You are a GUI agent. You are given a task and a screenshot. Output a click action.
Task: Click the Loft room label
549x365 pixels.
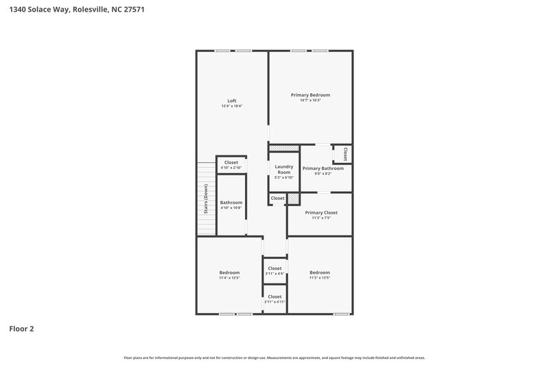click(232, 101)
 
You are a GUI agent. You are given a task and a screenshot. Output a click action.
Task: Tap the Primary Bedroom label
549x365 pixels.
click(310, 95)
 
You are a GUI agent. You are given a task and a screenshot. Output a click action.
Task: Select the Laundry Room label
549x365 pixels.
click(284, 169)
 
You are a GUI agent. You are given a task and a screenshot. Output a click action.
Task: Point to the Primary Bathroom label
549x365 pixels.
click(323, 168)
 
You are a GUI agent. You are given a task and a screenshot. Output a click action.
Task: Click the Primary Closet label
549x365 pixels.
click(321, 212)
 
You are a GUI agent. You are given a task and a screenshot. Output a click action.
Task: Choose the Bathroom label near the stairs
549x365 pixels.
click(231, 202)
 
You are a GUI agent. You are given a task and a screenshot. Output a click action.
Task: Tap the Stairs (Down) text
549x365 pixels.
click(205, 199)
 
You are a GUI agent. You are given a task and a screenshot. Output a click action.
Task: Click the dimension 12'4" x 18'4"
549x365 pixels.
click(232, 107)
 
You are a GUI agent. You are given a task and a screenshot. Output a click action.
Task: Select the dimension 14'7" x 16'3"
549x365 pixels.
click(310, 101)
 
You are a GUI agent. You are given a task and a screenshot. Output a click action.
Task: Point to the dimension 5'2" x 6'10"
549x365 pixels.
click(284, 177)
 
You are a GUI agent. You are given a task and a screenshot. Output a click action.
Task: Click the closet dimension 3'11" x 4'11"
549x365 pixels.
click(274, 302)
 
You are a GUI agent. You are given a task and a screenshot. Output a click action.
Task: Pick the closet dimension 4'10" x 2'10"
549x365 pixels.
click(231, 168)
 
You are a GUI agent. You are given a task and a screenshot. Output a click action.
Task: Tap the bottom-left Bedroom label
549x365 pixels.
click(229, 273)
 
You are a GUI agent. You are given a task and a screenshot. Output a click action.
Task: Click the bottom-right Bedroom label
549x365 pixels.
click(319, 273)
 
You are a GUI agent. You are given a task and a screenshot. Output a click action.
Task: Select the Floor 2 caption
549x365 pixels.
click(21, 329)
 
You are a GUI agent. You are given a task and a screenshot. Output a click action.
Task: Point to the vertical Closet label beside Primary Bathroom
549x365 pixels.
click(344, 153)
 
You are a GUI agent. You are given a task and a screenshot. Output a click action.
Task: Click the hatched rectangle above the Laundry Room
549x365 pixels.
click(283, 148)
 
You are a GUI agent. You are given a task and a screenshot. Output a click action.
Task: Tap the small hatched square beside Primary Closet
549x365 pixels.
click(294, 198)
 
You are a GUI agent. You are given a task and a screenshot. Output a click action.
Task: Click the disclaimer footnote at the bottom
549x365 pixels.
click(274, 357)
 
